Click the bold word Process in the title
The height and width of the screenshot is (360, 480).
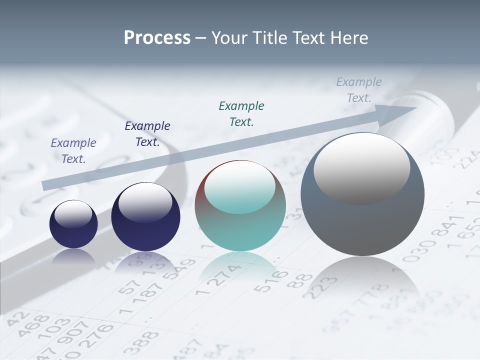pos(157,38)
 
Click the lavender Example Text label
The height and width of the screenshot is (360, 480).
pos(73,150)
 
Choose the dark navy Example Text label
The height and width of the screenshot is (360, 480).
pos(147,134)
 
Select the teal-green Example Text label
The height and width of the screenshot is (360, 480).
pos(241,113)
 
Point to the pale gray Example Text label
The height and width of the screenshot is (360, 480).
pos(359,90)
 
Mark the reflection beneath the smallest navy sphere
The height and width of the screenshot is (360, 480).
pos(73,256)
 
